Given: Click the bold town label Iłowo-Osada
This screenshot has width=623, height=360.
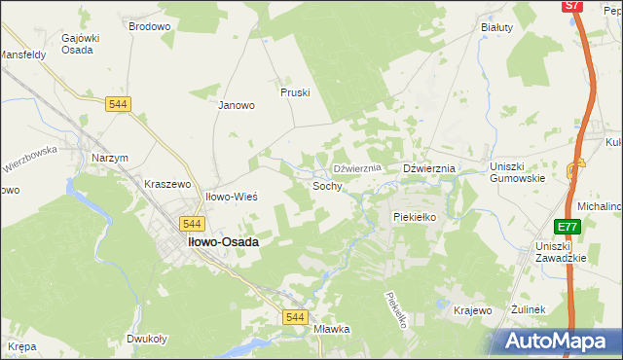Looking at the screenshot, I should [222, 242].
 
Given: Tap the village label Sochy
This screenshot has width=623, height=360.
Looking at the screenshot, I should [327, 185].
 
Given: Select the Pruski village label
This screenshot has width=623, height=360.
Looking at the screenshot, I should [295, 92].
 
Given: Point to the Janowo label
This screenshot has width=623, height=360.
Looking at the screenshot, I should [236, 105].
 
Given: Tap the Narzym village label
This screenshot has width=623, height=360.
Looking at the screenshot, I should [110, 158].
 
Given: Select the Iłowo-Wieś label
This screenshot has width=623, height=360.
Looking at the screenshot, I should [231, 197].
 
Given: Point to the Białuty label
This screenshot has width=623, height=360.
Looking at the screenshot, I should [496, 27].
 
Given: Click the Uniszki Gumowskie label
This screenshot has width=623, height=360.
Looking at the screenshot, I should [517, 172].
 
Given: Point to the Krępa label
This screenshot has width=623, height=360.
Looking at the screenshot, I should [22, 346].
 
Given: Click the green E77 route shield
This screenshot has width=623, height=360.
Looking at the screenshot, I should [568, 227].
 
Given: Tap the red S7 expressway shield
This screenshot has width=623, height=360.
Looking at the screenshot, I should [572, 6].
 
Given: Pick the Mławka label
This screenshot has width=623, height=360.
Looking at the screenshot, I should [331, 329].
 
